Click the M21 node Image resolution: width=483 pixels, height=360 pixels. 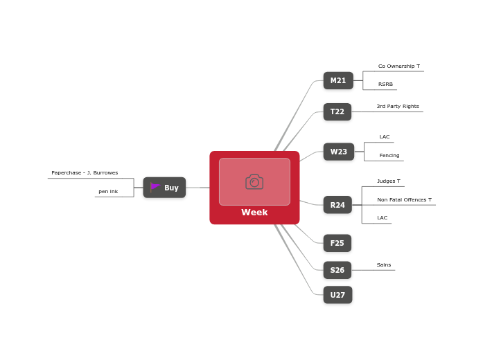coord(338,81)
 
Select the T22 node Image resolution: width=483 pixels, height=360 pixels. coord(337,112)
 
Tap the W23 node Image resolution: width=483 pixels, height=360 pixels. coord(338,152)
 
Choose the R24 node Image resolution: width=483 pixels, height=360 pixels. coord(337,205)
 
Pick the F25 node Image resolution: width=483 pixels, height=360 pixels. coord(337,243)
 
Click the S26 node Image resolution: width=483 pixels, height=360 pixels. coord(337,270)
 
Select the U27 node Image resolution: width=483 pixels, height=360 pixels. coord(337,295)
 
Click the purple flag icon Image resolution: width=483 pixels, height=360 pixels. coord(155,187)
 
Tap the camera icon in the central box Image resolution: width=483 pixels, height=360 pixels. coord(254,181)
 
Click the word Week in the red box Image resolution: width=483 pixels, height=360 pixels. coord(254,213)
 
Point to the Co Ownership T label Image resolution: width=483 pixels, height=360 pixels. coord(398,66)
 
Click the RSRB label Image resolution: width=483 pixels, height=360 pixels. coord(385,84)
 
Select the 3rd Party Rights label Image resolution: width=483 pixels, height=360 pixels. coord(397,107)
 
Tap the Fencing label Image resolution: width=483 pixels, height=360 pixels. coord(389,156)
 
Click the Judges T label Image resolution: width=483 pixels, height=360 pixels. coord(388,181)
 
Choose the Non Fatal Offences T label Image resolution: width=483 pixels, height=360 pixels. coord(404,200)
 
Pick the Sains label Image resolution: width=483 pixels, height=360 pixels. coord(383,265)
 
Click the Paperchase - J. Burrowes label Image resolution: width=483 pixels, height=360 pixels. coord(85,173)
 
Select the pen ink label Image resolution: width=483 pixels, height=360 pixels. coord(108,192)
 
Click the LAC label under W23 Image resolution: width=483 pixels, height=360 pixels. coord(384,137)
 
